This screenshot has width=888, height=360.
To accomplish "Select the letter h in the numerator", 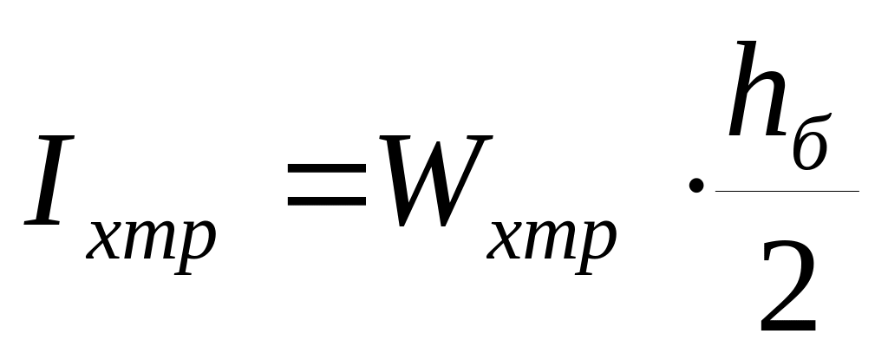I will pyautogui.click(x=756, y=100).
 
